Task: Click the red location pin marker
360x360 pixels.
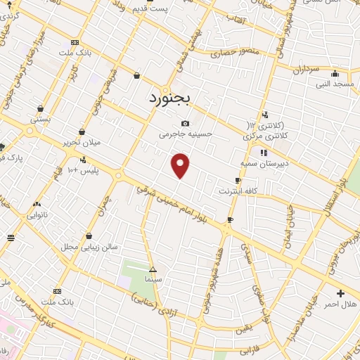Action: pos(181,165)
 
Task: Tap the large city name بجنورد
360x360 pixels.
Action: pos(170,100)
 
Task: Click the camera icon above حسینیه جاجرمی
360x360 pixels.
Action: pos(185,124)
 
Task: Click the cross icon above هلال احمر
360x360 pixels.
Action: pos(341,293)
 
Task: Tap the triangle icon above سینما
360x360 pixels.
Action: pos(153,269)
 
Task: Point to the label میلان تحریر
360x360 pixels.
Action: pos(82,142)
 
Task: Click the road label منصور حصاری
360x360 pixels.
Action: pos(241,52)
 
